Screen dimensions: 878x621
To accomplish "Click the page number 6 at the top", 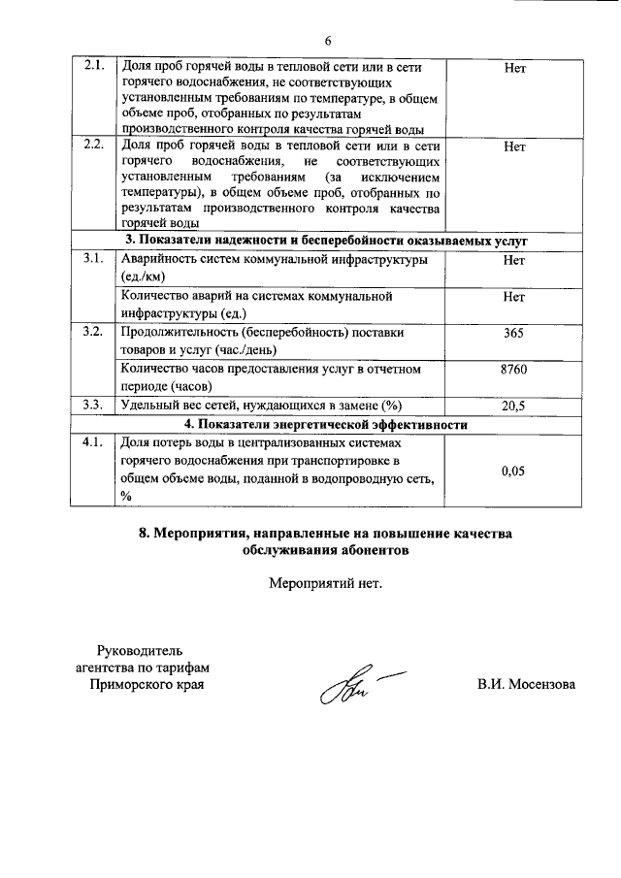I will click(328, 40).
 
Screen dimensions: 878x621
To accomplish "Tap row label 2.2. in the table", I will click(94, 146).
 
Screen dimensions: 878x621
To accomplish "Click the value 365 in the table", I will click(514, 333).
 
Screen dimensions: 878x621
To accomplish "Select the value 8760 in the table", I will click(514, 369).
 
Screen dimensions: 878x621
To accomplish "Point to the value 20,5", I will click(514, 406).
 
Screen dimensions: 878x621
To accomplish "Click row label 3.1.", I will click(94, 259).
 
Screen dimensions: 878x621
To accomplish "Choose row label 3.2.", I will click(94, 332).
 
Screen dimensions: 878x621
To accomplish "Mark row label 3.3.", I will click(94, 406).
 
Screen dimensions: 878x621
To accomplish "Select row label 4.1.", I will click(94, 442).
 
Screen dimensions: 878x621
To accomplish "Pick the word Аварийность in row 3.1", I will click(160, 259).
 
